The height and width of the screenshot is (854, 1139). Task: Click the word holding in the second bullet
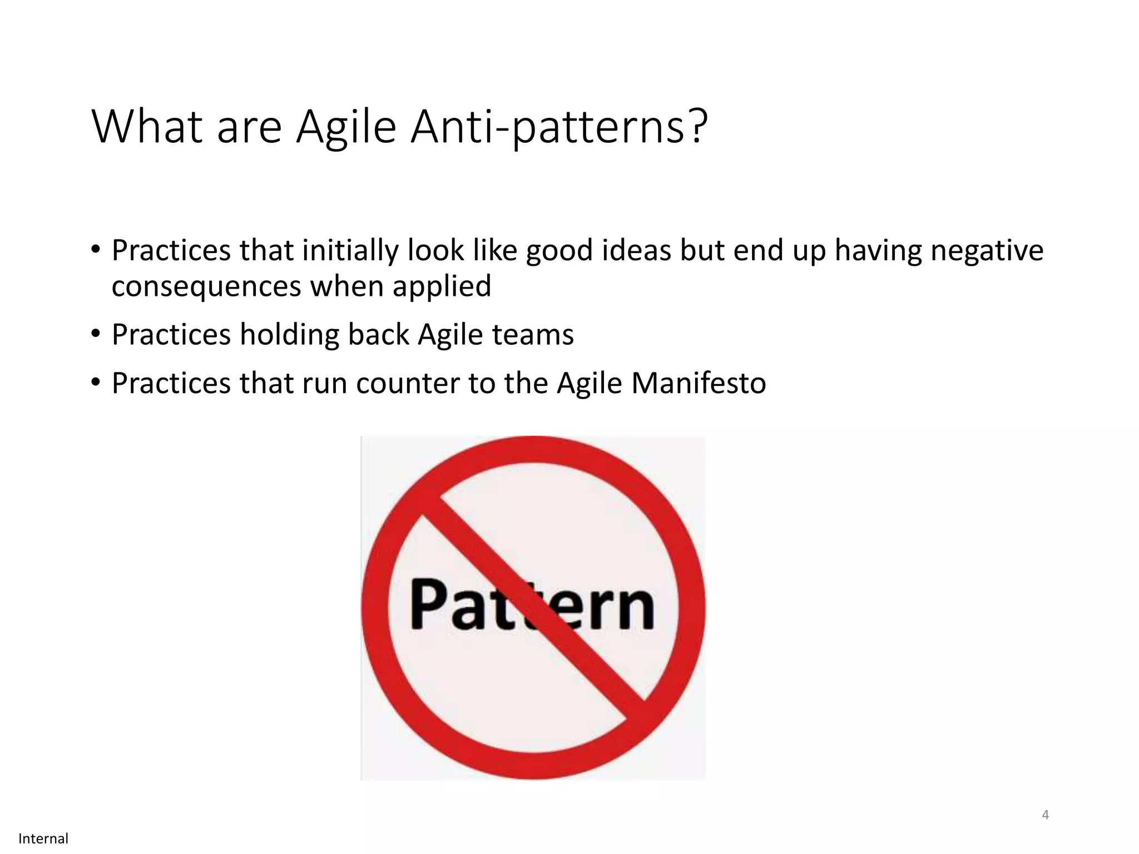pos(289,335)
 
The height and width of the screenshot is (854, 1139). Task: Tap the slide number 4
pos(1045,815)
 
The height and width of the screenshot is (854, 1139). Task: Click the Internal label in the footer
pos(43,838)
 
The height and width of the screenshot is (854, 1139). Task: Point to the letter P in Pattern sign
pos(428,604)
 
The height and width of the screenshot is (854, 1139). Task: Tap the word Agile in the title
pos(346,127)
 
